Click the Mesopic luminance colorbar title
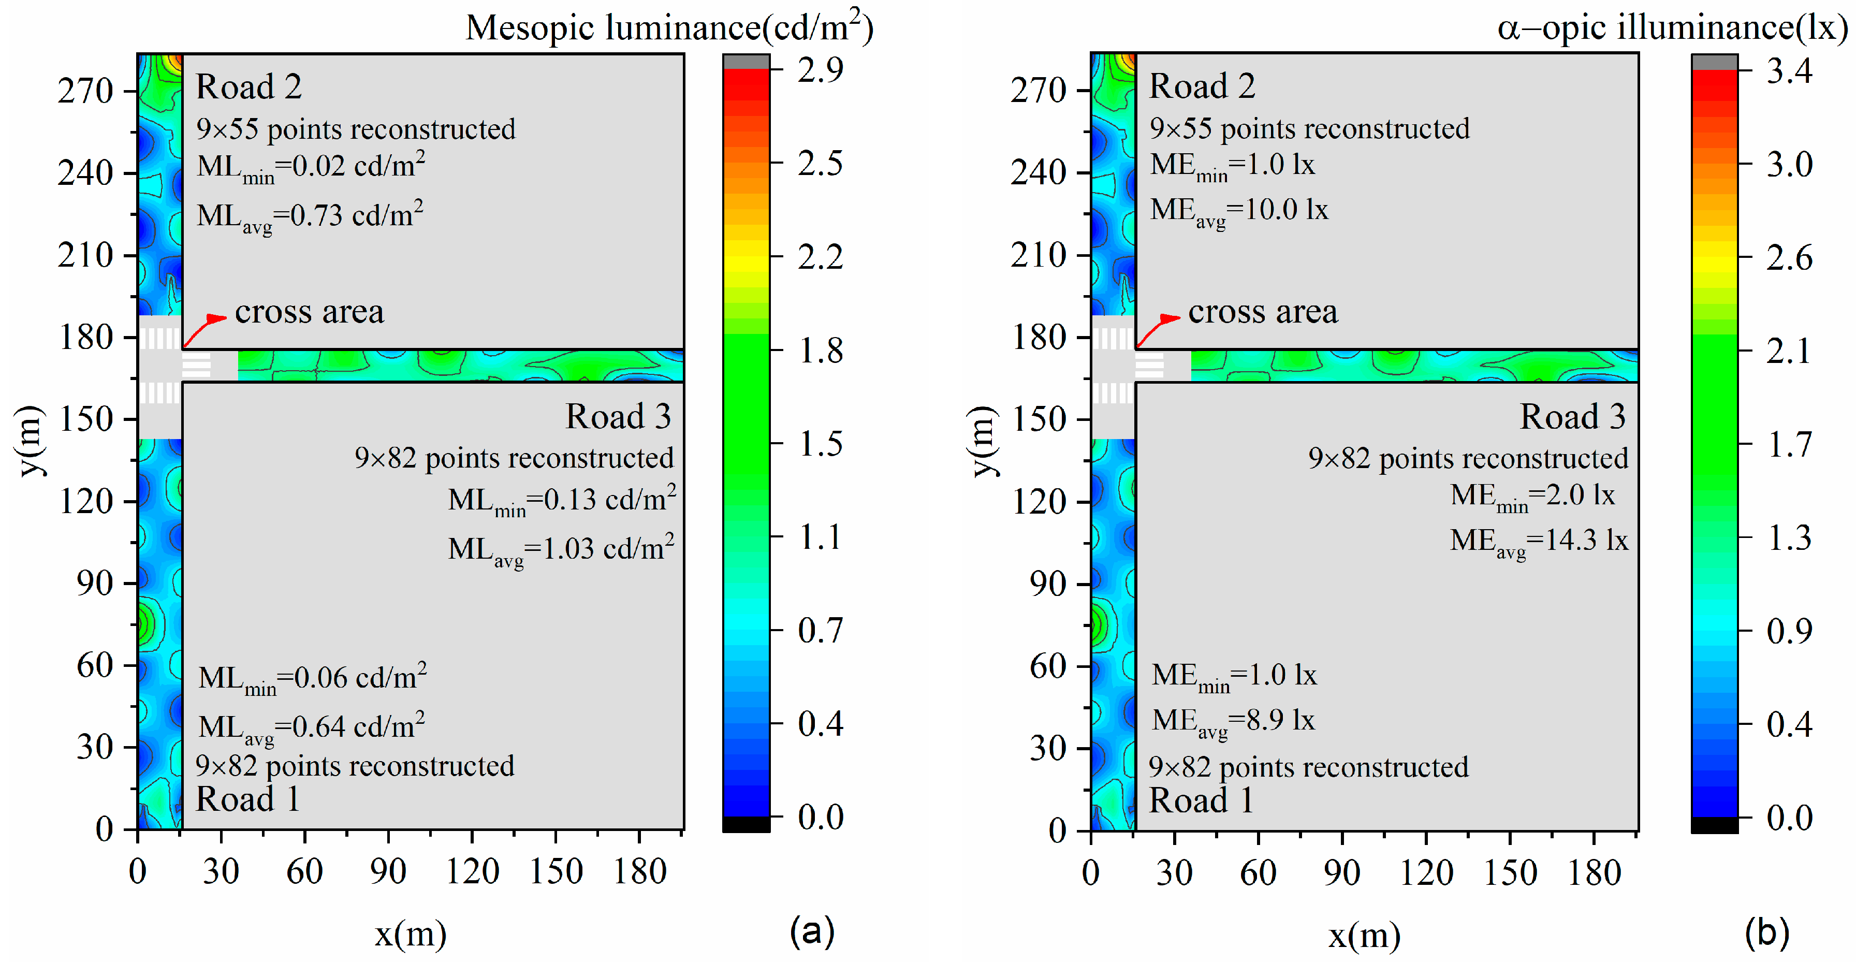point(668,27)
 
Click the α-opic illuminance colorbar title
point(1672,27)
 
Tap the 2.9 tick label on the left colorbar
point(820,70)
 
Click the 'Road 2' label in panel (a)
point(249,86)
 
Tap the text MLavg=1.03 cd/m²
point(561,549)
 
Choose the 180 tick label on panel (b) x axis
point(1594,872)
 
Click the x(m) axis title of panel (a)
point(410,934)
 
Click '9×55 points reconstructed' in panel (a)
point(356,129)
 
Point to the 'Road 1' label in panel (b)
point(1201,800)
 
